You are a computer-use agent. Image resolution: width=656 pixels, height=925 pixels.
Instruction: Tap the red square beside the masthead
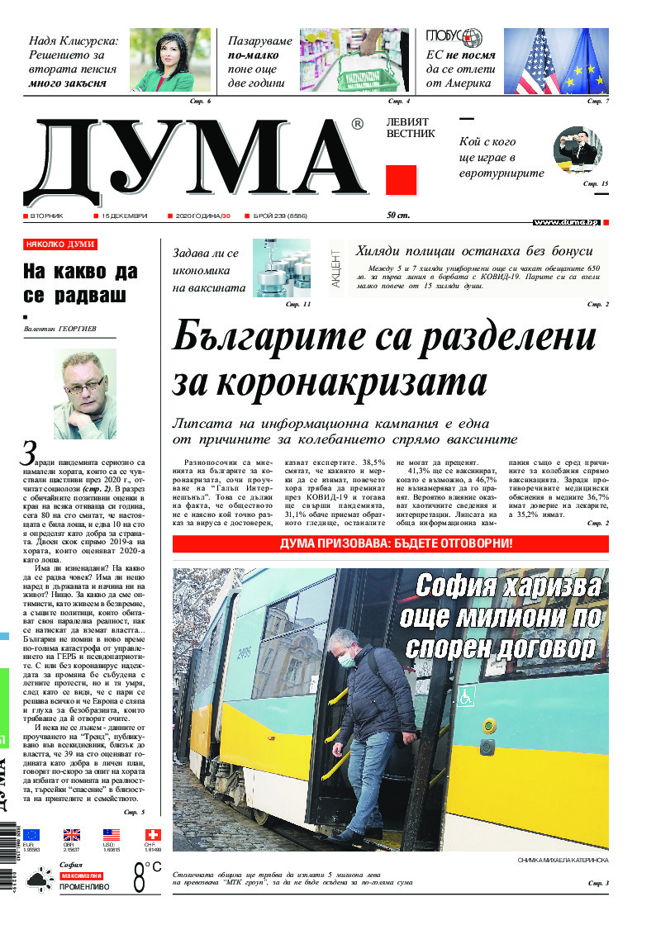[401, 180]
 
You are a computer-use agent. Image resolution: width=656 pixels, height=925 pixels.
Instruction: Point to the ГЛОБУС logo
[454, 38]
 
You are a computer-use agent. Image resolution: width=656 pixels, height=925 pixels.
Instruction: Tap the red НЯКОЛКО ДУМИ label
[60, 244]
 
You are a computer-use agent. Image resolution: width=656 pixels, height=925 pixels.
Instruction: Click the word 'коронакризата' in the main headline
[330, 383]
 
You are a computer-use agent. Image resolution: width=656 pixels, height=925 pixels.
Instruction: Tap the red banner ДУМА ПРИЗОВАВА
[390, 543]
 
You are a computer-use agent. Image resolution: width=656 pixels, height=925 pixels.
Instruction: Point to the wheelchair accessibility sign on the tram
[466, 696]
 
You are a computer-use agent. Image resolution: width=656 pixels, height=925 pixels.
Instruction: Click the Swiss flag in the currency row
[153, 835]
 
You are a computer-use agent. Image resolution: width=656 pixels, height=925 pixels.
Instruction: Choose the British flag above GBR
[72, 835]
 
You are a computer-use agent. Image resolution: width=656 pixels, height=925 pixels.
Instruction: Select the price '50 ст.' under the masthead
[398, 216]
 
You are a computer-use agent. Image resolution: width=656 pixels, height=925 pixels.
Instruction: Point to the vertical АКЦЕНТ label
[336, 268]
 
